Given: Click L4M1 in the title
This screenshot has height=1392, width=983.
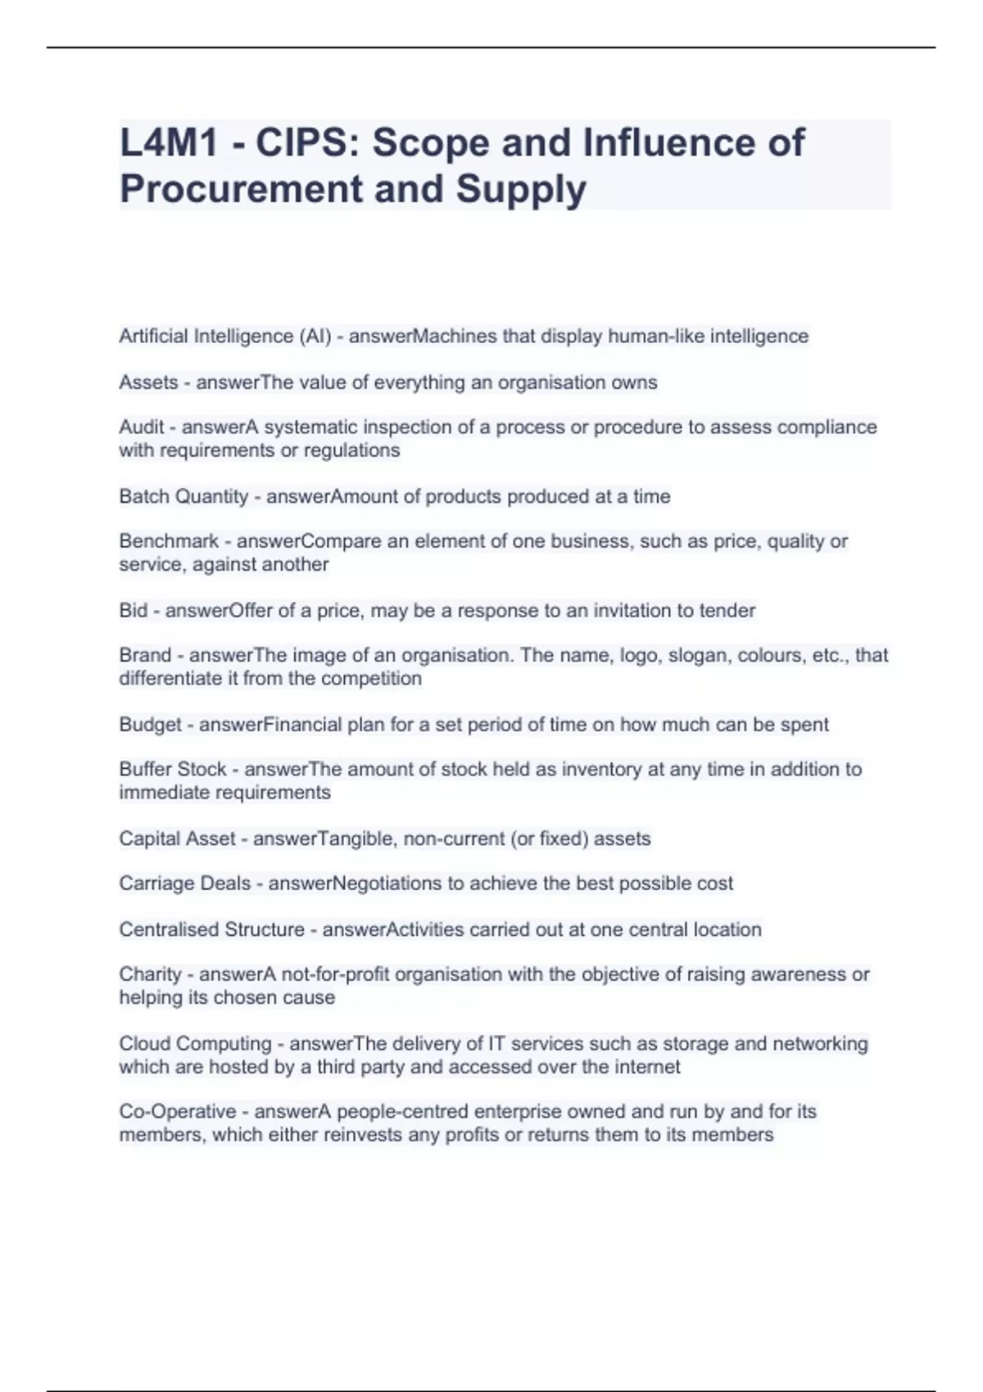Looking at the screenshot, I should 169,142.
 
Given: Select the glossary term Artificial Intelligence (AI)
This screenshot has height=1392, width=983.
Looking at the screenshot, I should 225,337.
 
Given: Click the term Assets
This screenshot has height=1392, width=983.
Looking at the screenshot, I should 148,382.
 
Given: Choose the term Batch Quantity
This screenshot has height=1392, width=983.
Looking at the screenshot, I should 183,496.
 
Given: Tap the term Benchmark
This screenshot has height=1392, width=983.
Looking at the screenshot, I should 169,541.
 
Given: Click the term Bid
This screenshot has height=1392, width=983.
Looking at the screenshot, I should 134,611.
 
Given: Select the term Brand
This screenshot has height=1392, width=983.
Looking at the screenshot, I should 145,655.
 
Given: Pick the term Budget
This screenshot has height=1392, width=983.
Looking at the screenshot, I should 150,725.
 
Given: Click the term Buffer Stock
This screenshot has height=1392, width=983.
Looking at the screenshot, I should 173,770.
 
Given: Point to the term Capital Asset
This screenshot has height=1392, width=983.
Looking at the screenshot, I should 177,838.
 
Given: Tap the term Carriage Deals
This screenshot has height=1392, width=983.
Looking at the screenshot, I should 185,884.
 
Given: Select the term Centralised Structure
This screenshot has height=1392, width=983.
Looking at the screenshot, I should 212,929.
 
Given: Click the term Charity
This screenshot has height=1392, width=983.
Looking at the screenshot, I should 150,974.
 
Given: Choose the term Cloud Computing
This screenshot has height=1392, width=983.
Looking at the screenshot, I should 195,1044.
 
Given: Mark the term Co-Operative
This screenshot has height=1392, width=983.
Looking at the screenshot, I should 178,1112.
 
